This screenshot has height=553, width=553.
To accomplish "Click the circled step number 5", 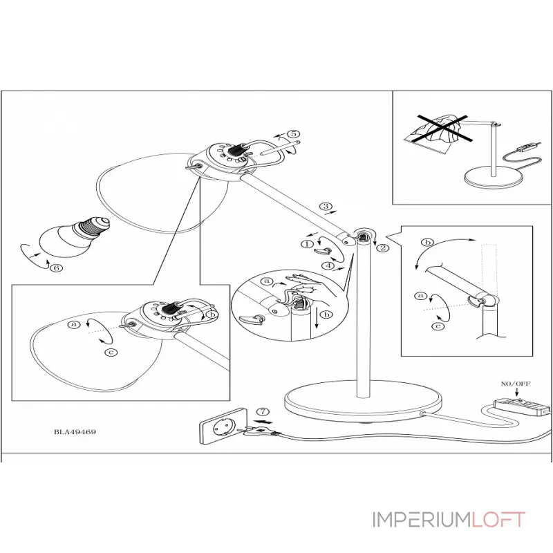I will click(x=293, y=134).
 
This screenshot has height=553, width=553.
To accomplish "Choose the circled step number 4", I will click(x=331, y=265).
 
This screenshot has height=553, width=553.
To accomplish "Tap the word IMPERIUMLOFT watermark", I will click(x=449, y=519).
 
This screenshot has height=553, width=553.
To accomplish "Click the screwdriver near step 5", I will click(x=279, y=147).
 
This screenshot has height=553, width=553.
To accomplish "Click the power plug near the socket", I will click(x=257, y=432).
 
